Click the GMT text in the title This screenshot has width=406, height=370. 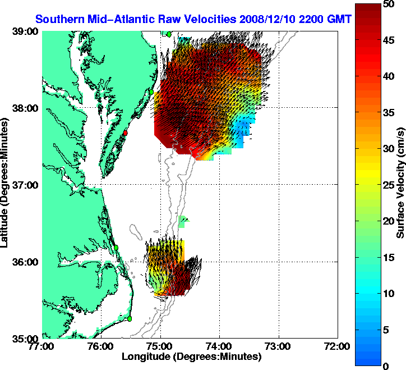[x=340, y=19]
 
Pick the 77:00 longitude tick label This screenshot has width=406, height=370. [x=43, y=346]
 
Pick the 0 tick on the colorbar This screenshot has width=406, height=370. [x=386, y=366]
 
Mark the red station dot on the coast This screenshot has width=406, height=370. [x=126, y=133]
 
